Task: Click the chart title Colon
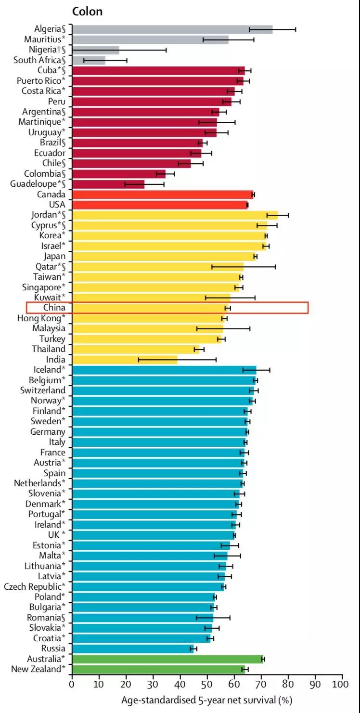(87, 11)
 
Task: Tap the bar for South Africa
(89, 60)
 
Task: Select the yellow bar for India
(125, 360)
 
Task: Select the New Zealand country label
(38, 669)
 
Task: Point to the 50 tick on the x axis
(207, 684)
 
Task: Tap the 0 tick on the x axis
(72, 684)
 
